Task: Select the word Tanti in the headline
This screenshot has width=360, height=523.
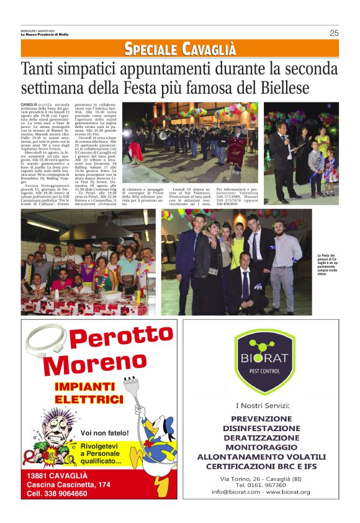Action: (x=38, y=68)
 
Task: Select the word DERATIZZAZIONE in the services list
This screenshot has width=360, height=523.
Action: (x=260, y=437)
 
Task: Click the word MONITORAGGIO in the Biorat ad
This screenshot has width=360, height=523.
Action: (x=260, y=447)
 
